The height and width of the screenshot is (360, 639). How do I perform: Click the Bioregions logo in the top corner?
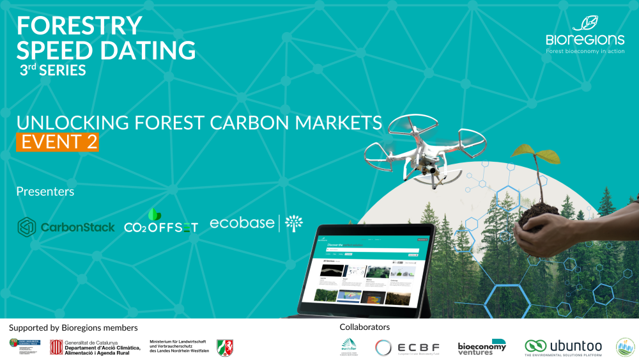click(584, 35)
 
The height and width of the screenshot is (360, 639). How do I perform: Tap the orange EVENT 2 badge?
click(58, 141)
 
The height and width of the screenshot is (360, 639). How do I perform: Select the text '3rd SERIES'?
click(53, 70)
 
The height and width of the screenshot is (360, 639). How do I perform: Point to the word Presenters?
click(45, 191)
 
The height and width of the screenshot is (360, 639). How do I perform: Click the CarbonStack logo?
click(66, 226)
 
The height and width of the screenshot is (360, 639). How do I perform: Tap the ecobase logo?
click(256, 224)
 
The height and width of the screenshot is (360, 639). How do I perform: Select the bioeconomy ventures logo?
click(481, 346)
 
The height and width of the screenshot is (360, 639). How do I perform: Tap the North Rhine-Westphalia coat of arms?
click(225, 347)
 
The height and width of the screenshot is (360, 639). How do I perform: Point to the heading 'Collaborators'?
click(364, 327)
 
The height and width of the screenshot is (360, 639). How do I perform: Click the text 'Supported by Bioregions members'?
click(73, 327)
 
